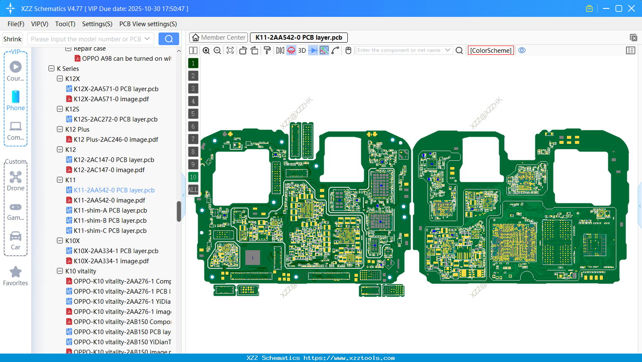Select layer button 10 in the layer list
click(193, 177)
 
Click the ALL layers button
click(193, 190)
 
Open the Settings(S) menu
click(97, 24)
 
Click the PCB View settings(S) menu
click(148, 24)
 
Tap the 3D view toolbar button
click(302, 51)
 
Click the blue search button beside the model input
click(169, 39)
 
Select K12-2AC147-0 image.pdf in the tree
click(109, 170)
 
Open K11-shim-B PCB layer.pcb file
click(110, 221)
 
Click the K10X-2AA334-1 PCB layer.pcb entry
click(116, 251)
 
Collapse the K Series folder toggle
click(51, 69)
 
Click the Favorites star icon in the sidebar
click(16, 272)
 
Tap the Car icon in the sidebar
click(16, 236)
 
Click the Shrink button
click(12, 39)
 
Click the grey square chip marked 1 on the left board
click(253, 257)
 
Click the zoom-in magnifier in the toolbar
click(206, 51)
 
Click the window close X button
click(631, 8)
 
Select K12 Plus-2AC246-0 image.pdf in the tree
click(116, 140)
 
